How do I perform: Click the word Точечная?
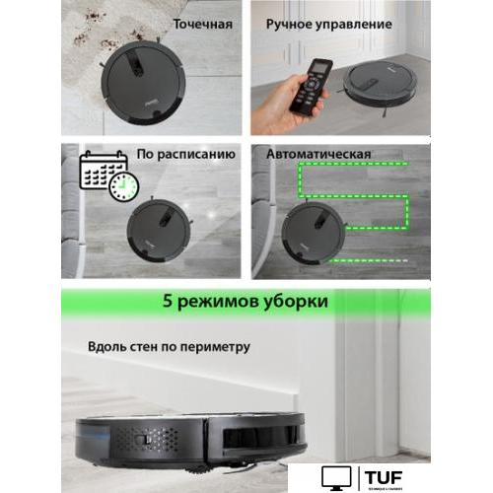[203, 23]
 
